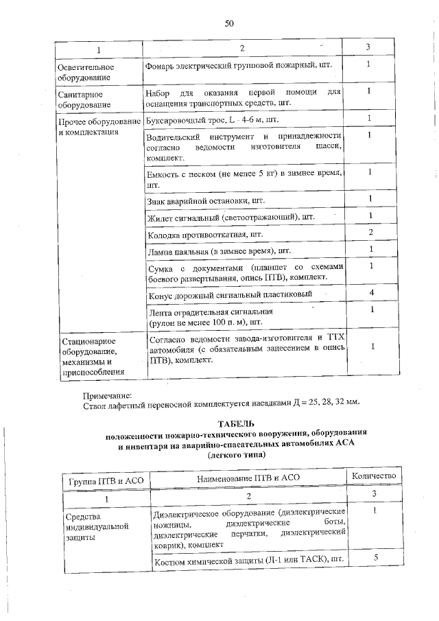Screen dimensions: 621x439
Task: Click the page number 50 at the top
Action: (229, 23)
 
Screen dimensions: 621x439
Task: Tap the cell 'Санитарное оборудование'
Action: (86, 99)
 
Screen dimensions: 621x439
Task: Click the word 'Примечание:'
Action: (106, 395)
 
